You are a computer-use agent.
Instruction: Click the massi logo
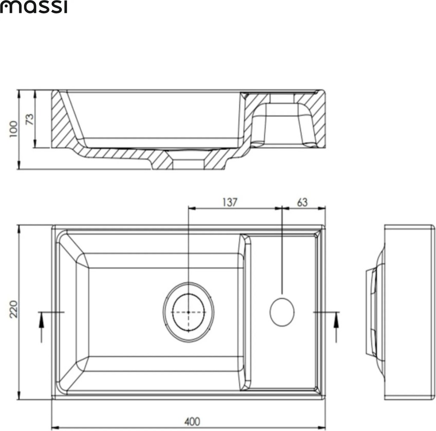point(33,7)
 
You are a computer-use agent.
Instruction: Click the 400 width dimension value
point(192,421)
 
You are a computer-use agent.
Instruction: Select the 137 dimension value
point(229,202)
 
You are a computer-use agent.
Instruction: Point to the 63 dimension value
point(302,202)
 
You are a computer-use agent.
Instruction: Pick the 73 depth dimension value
point(29,118)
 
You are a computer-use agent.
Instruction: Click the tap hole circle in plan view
point(282,312)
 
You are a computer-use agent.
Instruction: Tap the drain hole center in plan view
point(189,312)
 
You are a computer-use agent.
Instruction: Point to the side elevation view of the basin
point(408,312)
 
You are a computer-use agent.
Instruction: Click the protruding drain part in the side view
point(371,312)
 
